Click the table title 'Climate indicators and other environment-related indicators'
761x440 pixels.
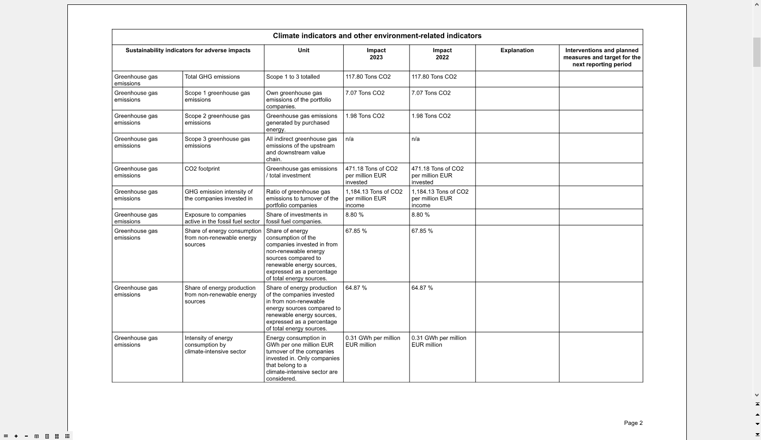click(377, 36)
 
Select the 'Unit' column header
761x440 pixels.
click(304, 50)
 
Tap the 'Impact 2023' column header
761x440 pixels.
click(376, 54)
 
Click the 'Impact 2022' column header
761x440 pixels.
click(442, 54)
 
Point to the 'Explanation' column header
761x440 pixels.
click(517, 50)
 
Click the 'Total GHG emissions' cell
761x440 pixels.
click(212, 77)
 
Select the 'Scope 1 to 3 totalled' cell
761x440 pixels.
click(293, 77)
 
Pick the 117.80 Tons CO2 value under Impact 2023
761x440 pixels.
click(368, 77)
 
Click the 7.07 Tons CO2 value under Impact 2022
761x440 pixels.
click(431, 93)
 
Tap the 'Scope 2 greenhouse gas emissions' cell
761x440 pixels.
click(217, 120)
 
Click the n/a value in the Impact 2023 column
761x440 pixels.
click(350, 139)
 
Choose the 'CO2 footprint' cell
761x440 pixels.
click(202, 169)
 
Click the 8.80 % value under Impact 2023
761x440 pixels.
click(354, 215)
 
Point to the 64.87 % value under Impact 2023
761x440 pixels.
click(356, 288)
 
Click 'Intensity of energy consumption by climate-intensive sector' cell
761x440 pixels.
click(215, 345)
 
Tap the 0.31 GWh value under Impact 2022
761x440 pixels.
click(438, 341)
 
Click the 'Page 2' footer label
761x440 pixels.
click(633, 423)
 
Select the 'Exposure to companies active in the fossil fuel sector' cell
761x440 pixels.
click(222, 218)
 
